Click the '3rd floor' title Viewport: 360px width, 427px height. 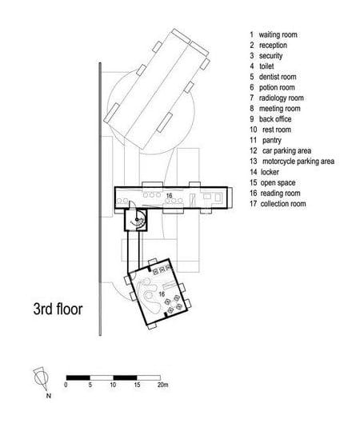[58, 309]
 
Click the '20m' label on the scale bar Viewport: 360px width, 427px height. [162, 385]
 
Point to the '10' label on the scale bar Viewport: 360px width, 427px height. [113, 385]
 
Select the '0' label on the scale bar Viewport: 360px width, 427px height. [66, 385]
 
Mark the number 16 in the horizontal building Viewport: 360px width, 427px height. [169, 196]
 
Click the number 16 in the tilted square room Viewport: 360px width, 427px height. [162, 293]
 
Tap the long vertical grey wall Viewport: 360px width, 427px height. [100, 199]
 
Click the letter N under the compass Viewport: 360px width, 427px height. [49, 396]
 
